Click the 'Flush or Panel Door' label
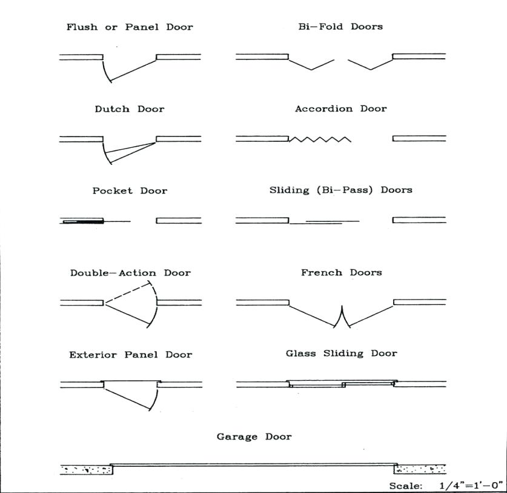coord(130,27)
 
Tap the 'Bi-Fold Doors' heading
coord(340,27)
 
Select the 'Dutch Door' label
coord(130,109)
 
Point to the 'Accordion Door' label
coord(340,109)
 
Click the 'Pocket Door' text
coord(130,190)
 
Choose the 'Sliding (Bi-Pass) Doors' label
coord(340,190)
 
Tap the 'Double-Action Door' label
coord(130,273)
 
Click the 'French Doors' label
coord(341,273)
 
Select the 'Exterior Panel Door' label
coord(130,355)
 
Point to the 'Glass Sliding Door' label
coord(341,354)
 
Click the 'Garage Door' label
coord(254,437)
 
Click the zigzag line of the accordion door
coord(320,139)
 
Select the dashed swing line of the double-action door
coord(130,292)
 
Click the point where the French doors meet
coord(342,321)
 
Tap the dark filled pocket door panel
coord(85,222)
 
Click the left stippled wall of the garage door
coord(87,469)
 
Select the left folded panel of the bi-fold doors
coord(311,64)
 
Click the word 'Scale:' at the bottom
coord(406,486)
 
